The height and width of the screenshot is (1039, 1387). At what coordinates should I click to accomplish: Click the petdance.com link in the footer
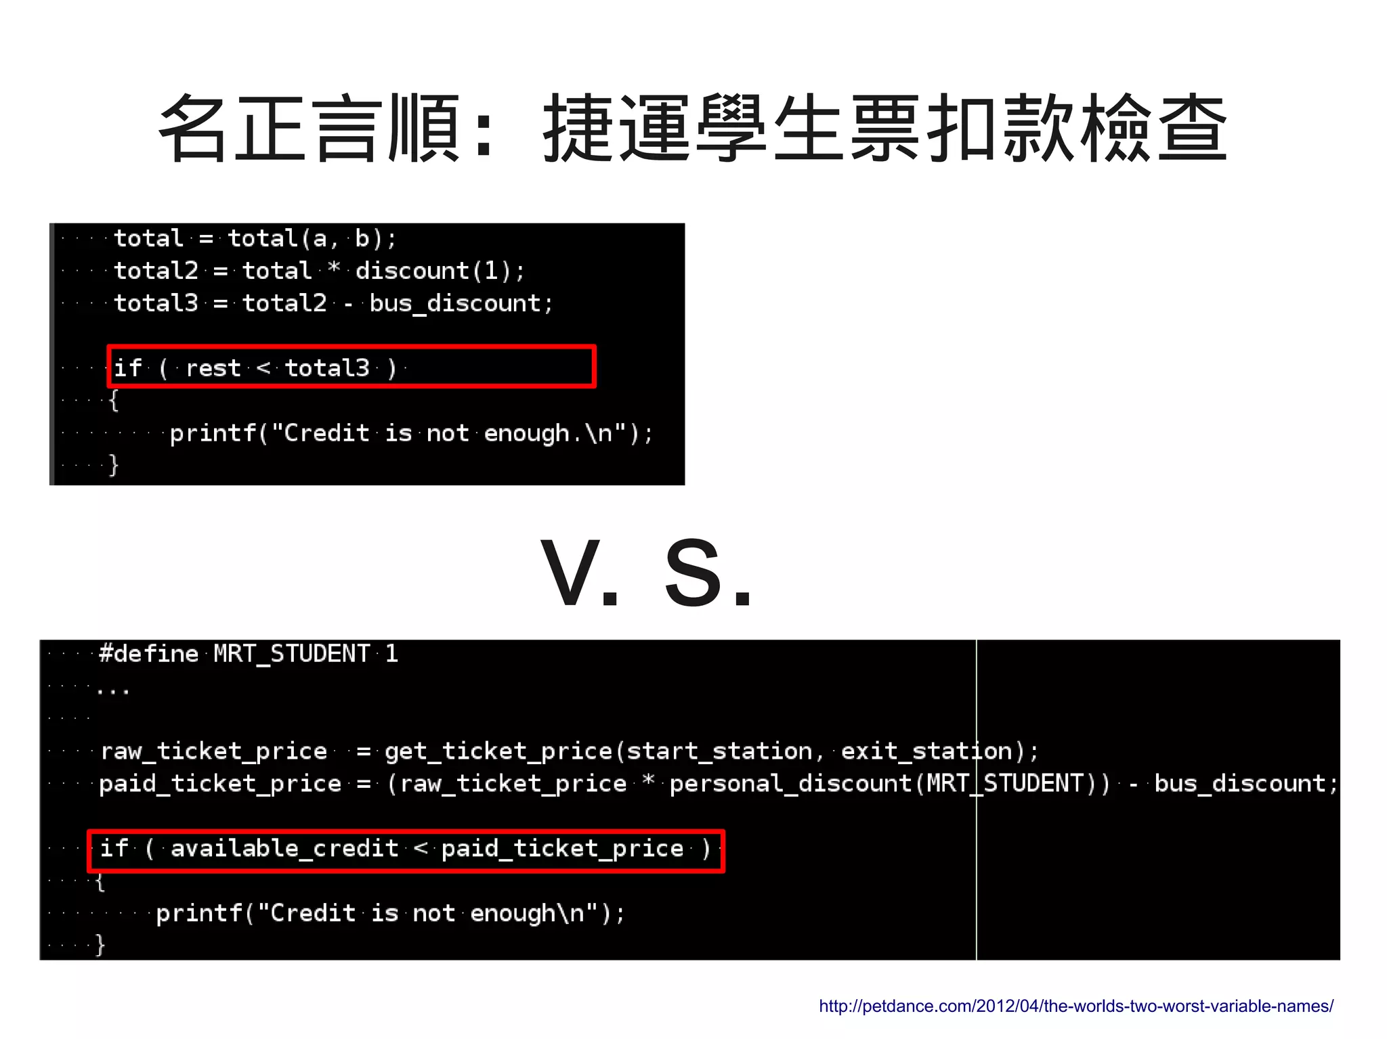pos(1075,1006)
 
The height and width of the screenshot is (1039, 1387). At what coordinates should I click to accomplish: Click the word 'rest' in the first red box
pos(213,368)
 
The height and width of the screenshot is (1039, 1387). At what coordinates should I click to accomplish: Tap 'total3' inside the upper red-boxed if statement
pos(327,368)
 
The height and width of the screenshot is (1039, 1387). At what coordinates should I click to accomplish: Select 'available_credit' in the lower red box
pos(284,849)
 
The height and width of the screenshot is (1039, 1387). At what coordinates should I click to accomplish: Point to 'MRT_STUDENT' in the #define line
pos(292,654)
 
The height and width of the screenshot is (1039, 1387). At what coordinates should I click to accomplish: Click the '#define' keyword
pos(148,654)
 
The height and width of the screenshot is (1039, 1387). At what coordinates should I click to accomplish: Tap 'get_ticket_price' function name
pos(498,751)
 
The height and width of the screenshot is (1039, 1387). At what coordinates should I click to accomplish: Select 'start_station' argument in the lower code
pos(719,751)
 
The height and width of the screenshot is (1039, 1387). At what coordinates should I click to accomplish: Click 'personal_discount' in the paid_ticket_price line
pos(790,784)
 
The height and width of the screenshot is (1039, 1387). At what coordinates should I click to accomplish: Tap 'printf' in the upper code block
pos(213,433)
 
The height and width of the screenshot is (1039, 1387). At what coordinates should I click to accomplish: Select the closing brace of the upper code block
pos(114,465)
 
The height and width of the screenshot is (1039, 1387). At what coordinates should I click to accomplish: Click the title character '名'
pos(193,129)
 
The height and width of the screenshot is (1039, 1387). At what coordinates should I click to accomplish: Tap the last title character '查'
pos(1193,129)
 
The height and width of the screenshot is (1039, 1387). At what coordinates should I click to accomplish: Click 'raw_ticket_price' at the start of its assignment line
pos(213,751)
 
